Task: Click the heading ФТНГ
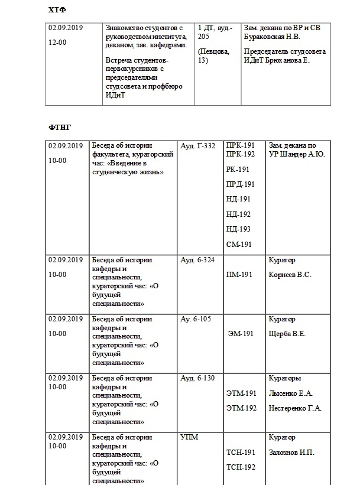(60, 127)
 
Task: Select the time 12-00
(57, 43)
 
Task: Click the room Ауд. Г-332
(197, 146)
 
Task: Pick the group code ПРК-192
(240, 154)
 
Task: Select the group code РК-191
(238, 169)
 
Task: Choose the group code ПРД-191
(240, 184)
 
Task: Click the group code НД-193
(238, 229)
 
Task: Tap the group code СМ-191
(239, 244)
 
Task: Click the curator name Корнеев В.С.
(290, 275)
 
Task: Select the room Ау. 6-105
(195, 319)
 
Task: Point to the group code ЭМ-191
(241, 334)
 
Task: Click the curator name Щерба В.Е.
(287, 334)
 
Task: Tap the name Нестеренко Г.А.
(295, 408)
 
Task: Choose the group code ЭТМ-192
(241, 408)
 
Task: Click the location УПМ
(189, 438)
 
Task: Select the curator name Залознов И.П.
(291, 453)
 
